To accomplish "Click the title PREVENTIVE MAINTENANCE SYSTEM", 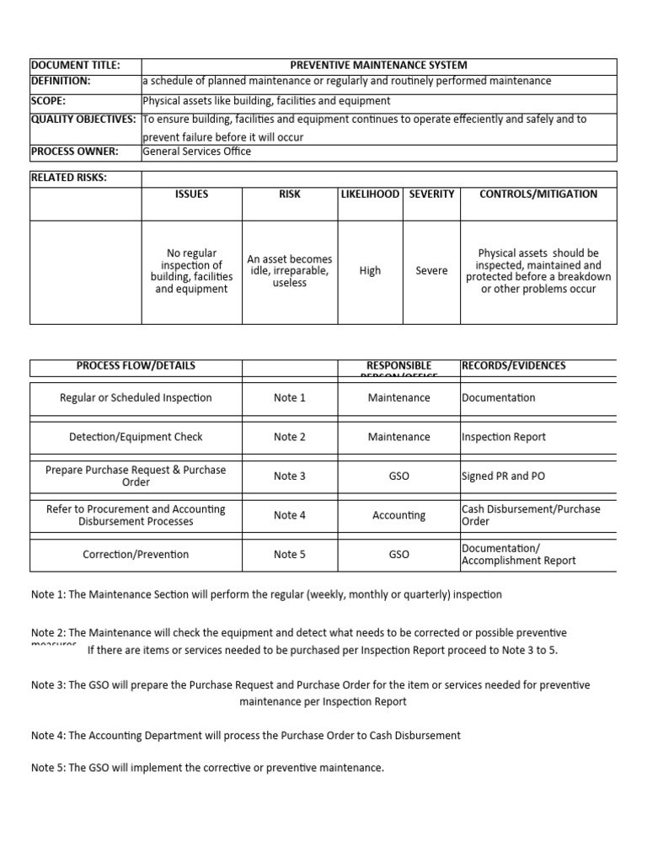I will (x=378, y=65).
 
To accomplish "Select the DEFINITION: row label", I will (x=61, y=81).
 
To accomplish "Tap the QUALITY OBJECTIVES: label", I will (x=83, y=120).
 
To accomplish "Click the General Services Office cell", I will (x=197, y=152).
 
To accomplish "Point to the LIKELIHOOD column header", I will (x=370, y=194).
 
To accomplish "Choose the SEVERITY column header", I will (x=431, y=194).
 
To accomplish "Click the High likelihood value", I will (x=370, y=271).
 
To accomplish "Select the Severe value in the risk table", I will (x=431, y=271).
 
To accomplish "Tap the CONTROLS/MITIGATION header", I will (x=538, y=194).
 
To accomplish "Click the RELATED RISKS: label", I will (x=69, y=178).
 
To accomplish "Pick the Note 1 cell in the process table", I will (x=290, y=398).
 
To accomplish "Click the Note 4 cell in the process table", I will (x=290, y=515).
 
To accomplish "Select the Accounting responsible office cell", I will (x=398, y=515).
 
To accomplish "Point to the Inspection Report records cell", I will (x=504, y=437).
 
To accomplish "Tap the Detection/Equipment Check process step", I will (x=136, y=437).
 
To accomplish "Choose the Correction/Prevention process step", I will (x=136, y=555).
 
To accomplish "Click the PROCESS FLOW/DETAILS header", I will (x=136, y=366).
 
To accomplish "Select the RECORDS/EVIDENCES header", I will (x=514, y=366).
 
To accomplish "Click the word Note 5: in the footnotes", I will (x=48, y=768).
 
